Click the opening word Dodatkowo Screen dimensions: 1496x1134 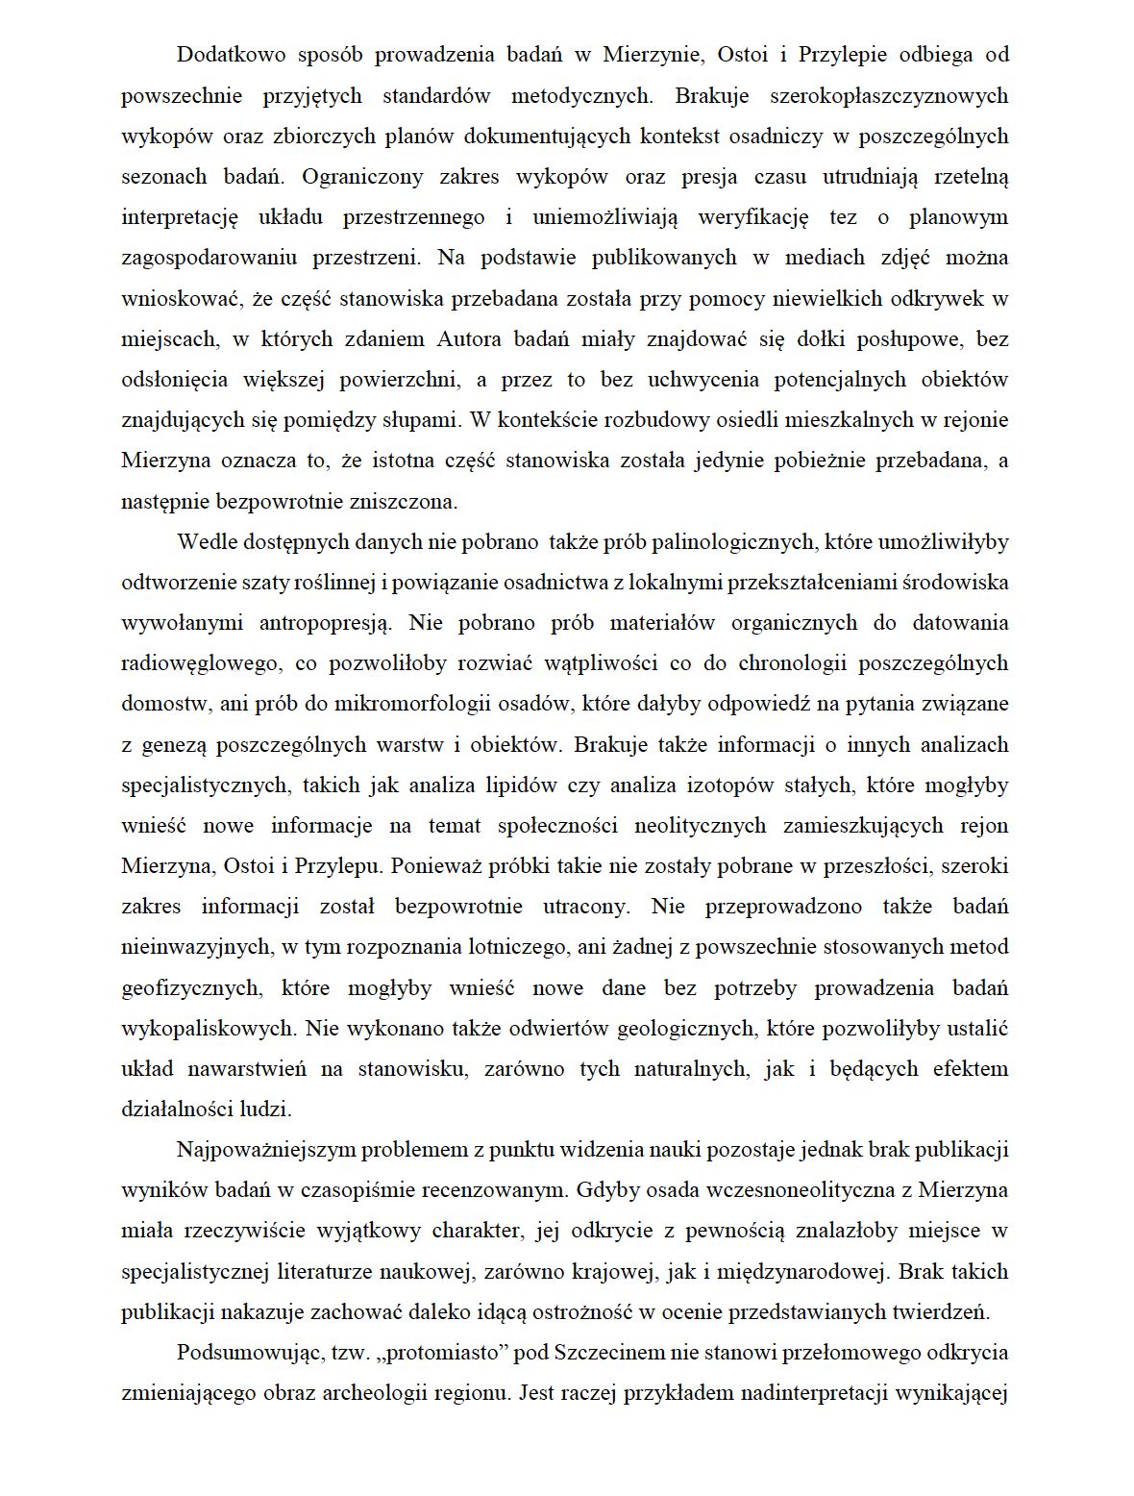click(232, 55)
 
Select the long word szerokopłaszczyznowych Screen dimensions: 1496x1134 click(889, 95)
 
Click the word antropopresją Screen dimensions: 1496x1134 click(325, 622)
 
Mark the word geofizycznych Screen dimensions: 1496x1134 click(191, 987)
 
